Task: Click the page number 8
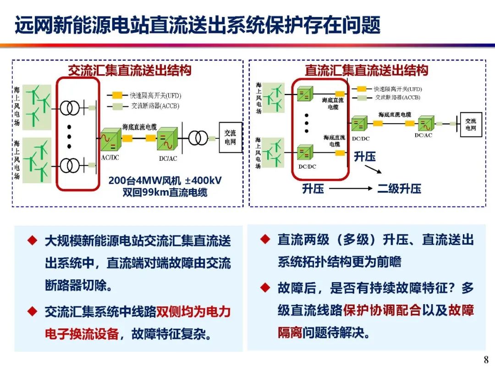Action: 486,360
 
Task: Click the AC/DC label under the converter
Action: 110,158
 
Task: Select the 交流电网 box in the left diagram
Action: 231,137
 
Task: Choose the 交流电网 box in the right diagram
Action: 471,124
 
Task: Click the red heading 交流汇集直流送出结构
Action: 130,70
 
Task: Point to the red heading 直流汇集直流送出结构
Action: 366,70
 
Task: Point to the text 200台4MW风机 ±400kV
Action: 165,180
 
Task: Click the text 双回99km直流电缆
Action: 165,192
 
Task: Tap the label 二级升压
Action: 399,189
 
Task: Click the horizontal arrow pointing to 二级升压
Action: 351,189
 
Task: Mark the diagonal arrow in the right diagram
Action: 373,169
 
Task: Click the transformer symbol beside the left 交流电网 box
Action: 198,138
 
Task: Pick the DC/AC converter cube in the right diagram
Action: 426,123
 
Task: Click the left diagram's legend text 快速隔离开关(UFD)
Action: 155,95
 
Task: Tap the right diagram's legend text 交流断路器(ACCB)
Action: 397,98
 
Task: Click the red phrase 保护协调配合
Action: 382,310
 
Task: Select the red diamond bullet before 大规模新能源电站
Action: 33,240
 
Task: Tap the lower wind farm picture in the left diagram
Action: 37,160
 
